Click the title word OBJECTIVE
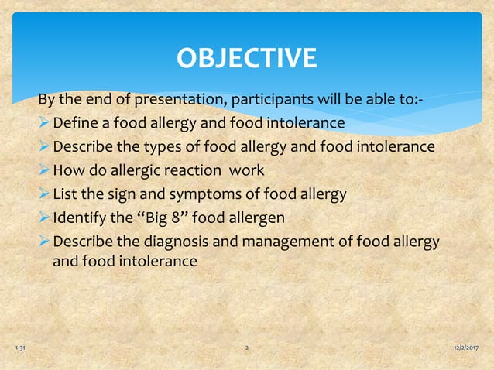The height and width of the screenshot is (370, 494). tap(246, 58)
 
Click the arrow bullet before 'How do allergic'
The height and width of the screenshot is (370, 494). tap(45, 170)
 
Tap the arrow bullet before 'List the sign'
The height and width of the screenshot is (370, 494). tap(45, 194)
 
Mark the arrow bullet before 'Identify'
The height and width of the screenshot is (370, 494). tap(45, 218)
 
